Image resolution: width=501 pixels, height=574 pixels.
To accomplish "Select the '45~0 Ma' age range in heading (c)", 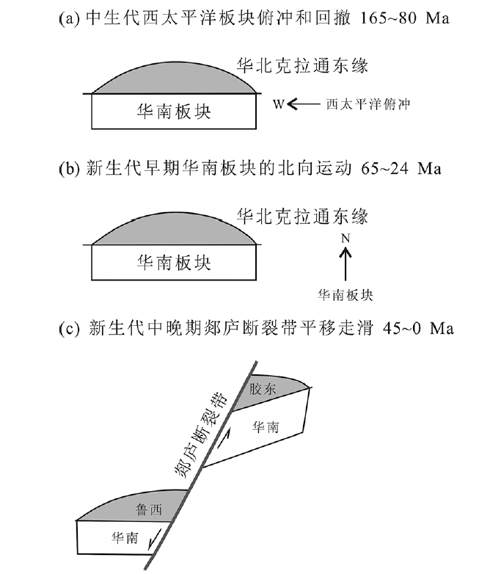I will [418, 328].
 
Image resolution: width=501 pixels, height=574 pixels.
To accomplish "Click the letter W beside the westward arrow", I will [278, 105].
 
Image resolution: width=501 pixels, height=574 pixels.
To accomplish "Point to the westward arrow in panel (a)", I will [301, 105].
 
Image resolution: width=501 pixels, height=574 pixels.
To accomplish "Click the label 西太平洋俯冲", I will [366, 105].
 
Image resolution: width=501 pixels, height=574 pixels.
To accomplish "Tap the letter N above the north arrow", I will [345, 238].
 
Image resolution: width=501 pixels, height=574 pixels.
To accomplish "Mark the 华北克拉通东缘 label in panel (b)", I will [301, 216].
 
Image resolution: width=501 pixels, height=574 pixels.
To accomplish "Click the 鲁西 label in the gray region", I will [147, 507].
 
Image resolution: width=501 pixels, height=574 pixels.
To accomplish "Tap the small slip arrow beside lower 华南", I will [155, 544].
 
